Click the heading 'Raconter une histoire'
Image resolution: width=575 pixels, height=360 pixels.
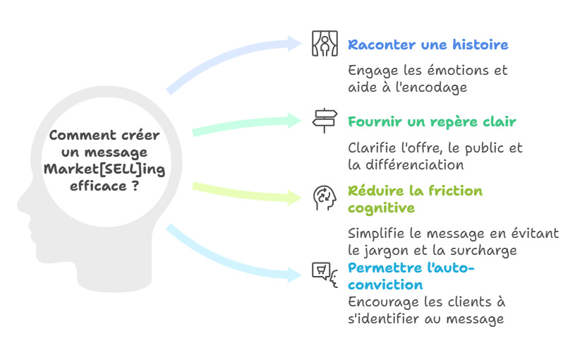pyautogui.click(x=428, y=45)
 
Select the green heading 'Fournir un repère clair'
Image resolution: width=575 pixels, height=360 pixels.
pyautogui.click(x=432, y=122)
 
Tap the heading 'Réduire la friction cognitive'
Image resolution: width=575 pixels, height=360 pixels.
pyautogui.click(x=415, y=199)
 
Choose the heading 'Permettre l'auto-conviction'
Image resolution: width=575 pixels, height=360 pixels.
pyautogui.click(x=412, y=277)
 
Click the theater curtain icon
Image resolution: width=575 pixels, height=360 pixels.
pyautogui.click(x=325, y=44)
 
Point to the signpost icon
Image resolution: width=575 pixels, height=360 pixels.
pyautogui.click(x=325, y=121)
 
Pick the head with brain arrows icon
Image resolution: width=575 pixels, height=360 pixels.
pyautogui.click(x=325, y=198)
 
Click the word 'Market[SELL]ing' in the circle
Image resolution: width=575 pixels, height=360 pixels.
pyautogui.click(x=104, y=169)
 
